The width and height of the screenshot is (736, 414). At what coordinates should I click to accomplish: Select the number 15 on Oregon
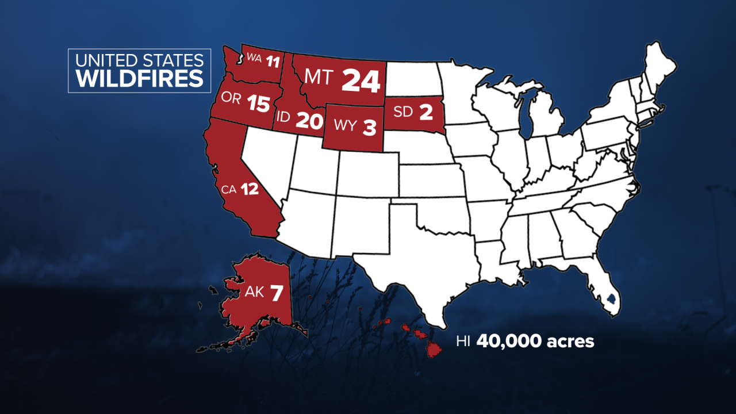click(x=258, y=103)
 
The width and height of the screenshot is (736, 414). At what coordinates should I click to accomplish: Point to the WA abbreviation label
click(x=254, y=57)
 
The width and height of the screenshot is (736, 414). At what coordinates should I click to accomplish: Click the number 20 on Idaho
click(x=308, y=120)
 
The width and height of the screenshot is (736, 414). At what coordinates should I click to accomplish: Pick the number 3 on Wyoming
click(x=369, y=127)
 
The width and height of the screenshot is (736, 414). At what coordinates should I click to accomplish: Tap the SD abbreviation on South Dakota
click(x=404, y=112)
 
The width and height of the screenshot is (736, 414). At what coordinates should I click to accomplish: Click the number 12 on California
click(x=250, y=189)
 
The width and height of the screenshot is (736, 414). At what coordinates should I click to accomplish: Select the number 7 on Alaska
click(x=277, y=293)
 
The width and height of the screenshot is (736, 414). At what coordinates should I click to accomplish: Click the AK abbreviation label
click(x=254, y=292)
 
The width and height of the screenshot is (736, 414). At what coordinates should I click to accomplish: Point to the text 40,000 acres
click(x=535, y=341)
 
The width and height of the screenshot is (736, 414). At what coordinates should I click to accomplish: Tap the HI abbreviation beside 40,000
click(x=462, y=342)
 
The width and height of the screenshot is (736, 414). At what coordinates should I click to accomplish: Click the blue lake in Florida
click(x=611, y=299)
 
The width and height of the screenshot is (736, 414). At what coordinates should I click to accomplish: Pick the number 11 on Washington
click(x=273, y=59)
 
